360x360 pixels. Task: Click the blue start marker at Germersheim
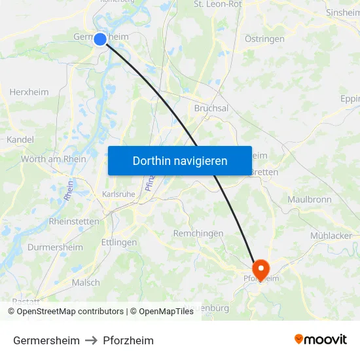point(100,39)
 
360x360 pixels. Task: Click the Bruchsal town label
point(211,109)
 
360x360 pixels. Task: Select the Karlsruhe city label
point(118,194)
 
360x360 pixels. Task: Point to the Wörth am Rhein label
point(54,159)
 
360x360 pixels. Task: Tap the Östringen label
point(264,39)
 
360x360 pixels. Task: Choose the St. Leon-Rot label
point(218,4)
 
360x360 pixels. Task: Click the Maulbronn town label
point(310,199)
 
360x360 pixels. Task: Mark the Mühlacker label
point(331,236)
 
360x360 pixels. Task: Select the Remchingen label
point(198,234)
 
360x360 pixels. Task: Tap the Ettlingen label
point(119,242)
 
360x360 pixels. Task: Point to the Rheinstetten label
point(74,221)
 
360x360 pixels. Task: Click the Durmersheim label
point(55,247)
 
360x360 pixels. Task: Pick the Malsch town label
point(86,283)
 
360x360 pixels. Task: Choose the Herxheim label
point(29,92)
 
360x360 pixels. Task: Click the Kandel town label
point(20,139)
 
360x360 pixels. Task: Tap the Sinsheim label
point(343,12)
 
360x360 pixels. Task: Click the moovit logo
point(321,340)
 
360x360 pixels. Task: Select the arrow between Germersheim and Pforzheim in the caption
point(92,340)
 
